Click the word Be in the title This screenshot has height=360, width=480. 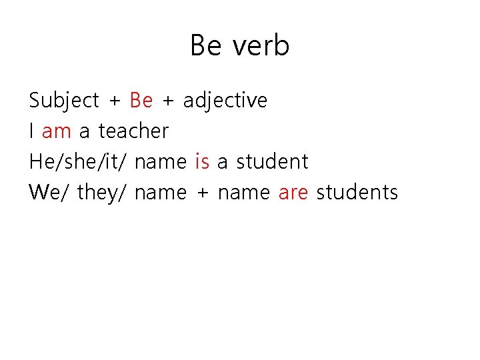point(206,46)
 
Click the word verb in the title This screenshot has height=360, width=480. point(262,46)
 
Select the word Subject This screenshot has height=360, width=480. point(64,101)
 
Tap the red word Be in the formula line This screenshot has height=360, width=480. point(141,100)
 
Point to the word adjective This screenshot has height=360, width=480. point(225,101)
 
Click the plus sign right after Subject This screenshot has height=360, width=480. point(115,101)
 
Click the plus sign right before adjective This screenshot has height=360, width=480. point(168,101)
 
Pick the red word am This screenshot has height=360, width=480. point(56,131)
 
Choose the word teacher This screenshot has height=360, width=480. point(133,131)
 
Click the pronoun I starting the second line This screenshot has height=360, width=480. point(31,131)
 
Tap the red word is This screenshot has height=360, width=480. point(202,161)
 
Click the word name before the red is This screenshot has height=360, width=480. point(160,162)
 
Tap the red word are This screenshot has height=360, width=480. point(293,193)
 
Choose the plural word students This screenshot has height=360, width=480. point(357,193)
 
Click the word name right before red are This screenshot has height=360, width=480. point(243,193)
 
